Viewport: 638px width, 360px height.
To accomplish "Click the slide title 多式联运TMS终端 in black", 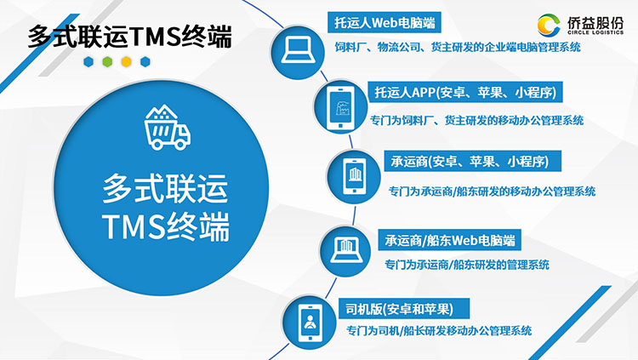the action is coord(130,37).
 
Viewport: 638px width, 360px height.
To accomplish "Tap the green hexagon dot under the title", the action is coord(107,62).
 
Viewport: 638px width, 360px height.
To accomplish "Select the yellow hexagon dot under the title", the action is coord(126,62).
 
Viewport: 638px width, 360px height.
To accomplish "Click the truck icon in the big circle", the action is coord(168,128).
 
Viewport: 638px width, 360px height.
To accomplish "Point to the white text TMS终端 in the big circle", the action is coord(166,226).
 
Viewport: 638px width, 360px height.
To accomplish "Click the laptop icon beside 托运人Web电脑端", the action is coord(299,50).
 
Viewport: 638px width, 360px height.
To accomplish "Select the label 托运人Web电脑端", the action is coord(385,22).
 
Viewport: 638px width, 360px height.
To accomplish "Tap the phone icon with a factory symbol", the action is coord(341,107).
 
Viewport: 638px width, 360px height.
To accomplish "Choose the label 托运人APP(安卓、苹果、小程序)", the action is coord(465,93).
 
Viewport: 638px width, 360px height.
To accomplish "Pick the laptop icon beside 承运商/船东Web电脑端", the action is coord(346,250).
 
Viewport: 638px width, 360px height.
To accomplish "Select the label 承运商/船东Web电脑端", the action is coord(450,241).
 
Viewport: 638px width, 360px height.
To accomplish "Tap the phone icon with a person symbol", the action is coord(310,323).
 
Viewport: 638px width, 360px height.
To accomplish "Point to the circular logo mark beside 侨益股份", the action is coord(549,26).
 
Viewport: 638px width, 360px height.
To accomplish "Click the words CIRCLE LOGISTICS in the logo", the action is coord(595,32).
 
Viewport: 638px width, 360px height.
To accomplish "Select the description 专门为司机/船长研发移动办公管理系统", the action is coord(439,331).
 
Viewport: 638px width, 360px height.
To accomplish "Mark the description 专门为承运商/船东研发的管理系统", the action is coord(467,265).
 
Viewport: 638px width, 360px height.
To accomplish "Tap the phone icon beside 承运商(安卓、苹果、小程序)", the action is coord(355,176).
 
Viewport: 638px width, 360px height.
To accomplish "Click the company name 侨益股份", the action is coord(595,22).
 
